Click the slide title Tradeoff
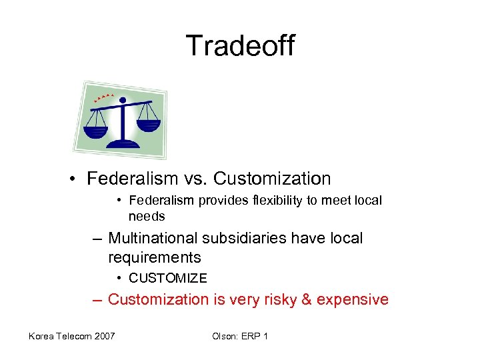tap(240, 46)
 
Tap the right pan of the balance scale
tap(150, 125)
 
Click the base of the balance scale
tap(123, 143)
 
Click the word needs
tap(146, 216)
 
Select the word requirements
tap(154, 257)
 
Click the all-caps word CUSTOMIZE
tap(167, 278)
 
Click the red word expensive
tap(352, 299)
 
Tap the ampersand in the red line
tap(307, 299)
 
